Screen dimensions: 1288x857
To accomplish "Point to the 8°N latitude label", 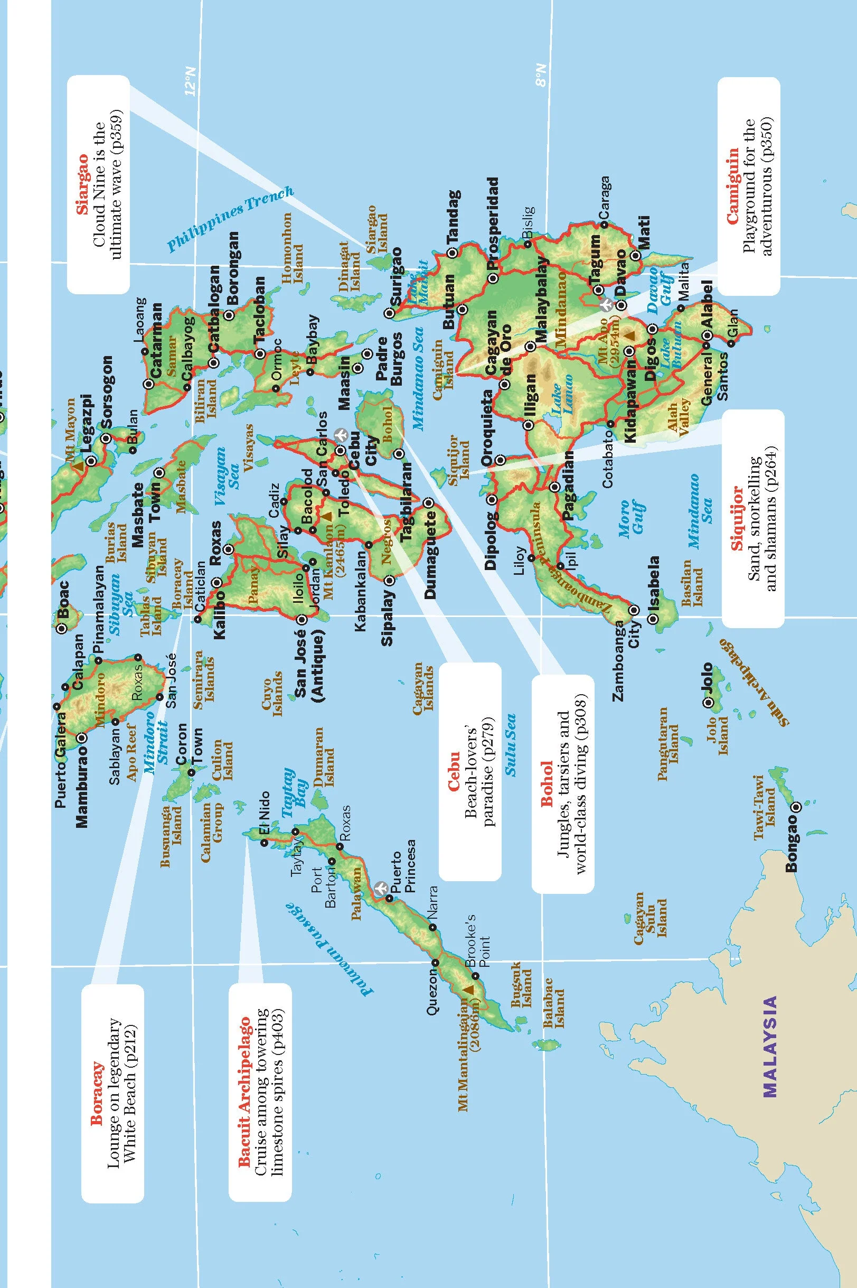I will click(541, 75).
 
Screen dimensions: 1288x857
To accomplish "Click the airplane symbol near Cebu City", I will click(341, 435).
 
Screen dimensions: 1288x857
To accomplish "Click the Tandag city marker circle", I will click(451, 253).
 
